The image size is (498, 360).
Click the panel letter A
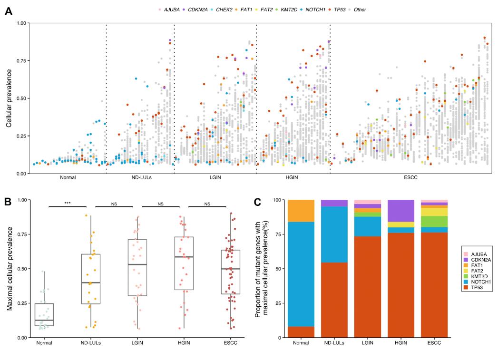[x=8, y=11]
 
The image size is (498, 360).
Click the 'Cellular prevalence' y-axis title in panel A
[x=10, y=98]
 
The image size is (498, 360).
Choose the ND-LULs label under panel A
[x=140, y=178]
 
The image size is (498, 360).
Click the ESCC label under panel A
[x=410, y=178]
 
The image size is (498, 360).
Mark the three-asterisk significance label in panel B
[x=68, y=204]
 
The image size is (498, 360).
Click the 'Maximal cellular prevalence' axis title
[x=10, y=269]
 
